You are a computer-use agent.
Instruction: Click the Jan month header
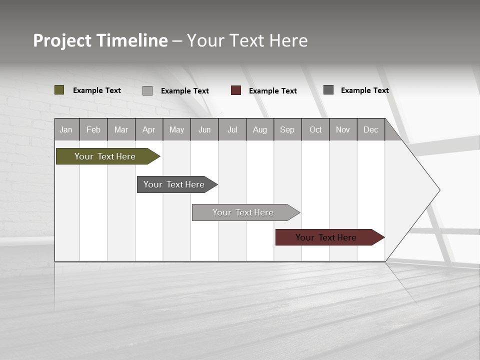tap(66, 129)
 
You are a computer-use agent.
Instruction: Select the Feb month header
tap(93, 129)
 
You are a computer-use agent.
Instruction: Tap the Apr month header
tap(148, 129)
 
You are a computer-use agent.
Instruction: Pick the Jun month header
tap(204, 129)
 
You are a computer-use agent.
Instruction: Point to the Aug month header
tap(260, 129)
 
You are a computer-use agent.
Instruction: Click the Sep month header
tap(287, 129)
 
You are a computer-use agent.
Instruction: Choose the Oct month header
tap(315, 129)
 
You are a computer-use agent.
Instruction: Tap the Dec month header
tap(370, 129)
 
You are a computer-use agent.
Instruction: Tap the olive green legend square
tap(59, 90)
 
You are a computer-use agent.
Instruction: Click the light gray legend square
tap(147, 90)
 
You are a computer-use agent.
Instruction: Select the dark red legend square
tap(236, 90)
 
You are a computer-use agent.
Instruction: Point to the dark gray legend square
tap(328, 90)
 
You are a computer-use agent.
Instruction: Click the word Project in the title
tap(62, 40)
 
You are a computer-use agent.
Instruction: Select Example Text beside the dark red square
tap(272, 91)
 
